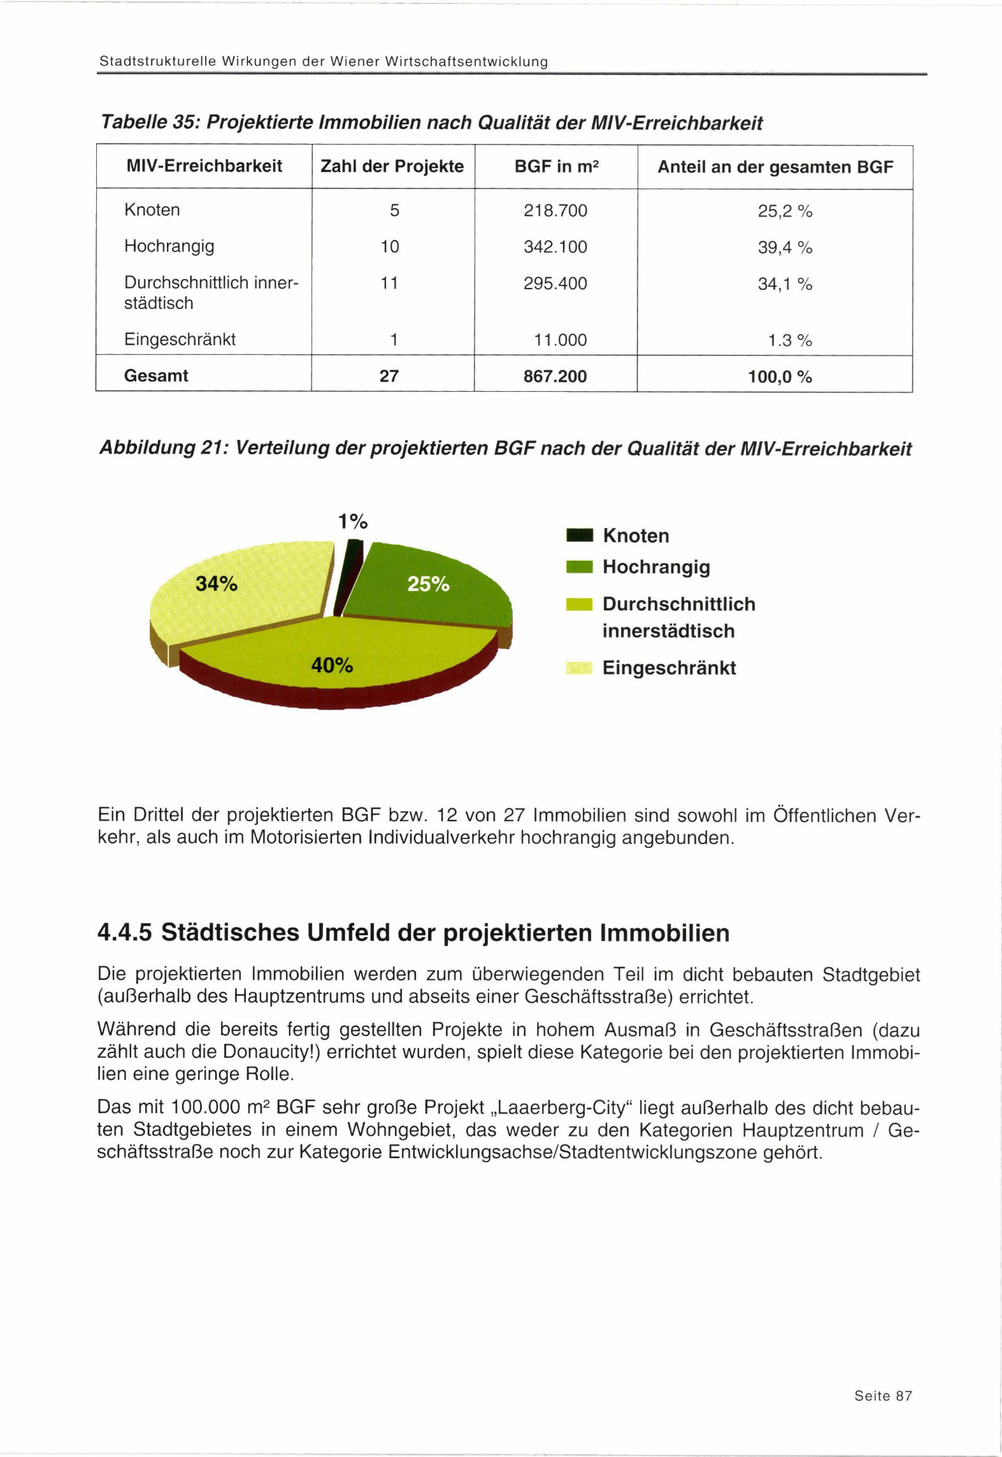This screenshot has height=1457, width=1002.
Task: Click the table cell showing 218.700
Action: click(x=555, y=211)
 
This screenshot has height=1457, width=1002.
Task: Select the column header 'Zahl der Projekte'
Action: click(x=392, y=166)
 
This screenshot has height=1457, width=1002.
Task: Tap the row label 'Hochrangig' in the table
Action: click(x=169, y=246)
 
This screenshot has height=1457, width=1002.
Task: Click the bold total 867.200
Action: click(x=555, y=376)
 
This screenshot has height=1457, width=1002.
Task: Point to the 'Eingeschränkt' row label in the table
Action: click(x=179, y=340)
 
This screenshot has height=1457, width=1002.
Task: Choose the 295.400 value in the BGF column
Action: click(x=555, y=284)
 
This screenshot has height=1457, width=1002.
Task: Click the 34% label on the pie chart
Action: click(x=216, y=584)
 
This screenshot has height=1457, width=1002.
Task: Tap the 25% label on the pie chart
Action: click(x=428, y=584)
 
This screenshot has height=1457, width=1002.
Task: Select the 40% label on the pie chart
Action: click(x=332, y=665)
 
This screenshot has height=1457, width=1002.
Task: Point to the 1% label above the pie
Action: click(x=352, y=521)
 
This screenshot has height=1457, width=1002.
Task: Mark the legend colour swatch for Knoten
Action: click(x=578, y=536)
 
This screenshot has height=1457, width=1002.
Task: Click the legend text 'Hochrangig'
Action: click(x=656, y=567)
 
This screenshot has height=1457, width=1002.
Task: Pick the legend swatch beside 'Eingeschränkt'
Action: click(x=578, y=668)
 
